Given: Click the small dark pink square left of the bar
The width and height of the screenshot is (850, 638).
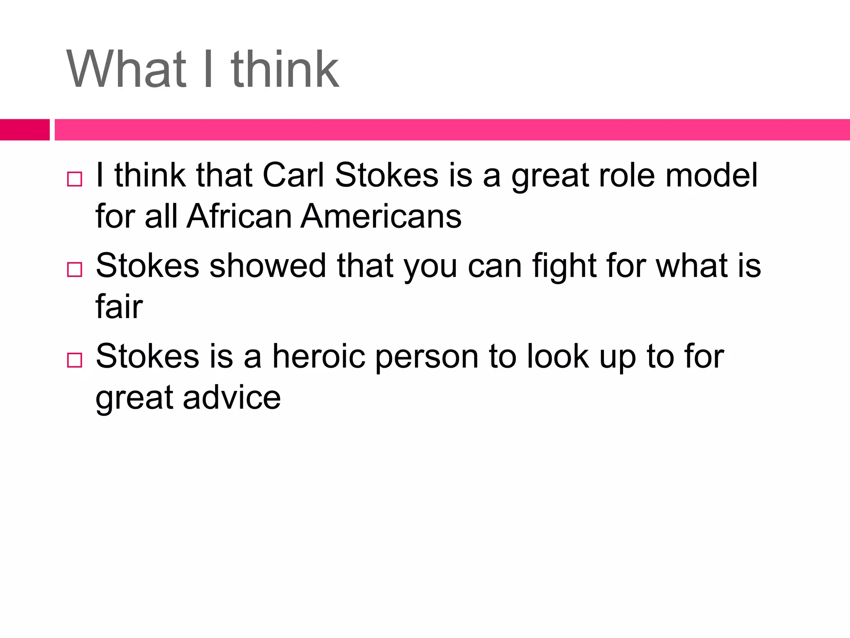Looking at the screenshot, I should pyautogui.click(x=24, y=130).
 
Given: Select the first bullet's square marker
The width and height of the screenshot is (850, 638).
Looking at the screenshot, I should pyautogui.click(x=74, y=179).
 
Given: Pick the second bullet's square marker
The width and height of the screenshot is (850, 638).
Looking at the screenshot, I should pyautogui.click(x=74, y=270).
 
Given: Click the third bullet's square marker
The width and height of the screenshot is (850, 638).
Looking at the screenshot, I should pyautogui.click(x=74, y=360).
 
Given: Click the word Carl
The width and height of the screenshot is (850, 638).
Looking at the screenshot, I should pyautogui.click(x=293, y=175).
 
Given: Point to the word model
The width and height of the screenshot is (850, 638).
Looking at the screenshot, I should pyautogui.click(x=711, y=175).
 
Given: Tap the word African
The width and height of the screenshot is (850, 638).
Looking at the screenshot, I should pyautogui.click(x=239, y=216).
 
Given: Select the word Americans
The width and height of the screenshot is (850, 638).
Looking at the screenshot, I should pyautogui.click(x=381, y=216).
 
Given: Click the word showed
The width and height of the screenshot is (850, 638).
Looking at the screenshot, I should pyautogui.click(x=268, y=266).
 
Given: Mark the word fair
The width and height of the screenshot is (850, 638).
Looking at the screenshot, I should pyautogui.click(x=119, y=307).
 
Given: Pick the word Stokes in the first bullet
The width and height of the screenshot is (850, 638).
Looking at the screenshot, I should pyautogui.click(x=386, y=175).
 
